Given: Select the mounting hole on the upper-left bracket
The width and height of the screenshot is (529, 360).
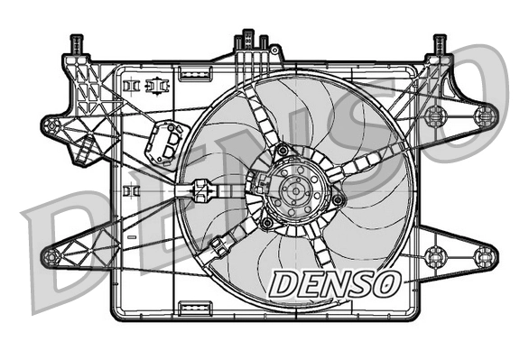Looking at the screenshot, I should pos(53,125).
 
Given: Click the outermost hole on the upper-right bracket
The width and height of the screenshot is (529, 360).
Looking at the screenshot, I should pos(486,115).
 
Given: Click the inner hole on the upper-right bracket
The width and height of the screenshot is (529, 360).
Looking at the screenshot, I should pos(436,115).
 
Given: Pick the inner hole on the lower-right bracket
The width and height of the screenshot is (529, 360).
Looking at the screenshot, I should pos(436,254).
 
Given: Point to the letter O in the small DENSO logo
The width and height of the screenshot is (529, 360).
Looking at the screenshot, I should pos(385,282).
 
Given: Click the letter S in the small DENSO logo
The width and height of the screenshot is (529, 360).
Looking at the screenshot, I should pos(360,282).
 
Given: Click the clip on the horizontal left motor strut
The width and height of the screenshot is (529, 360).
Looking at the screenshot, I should pos(201,190).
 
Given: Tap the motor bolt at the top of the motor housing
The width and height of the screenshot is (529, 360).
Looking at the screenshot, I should pos(283,150).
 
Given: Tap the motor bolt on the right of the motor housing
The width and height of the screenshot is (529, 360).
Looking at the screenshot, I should pos(338,199).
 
